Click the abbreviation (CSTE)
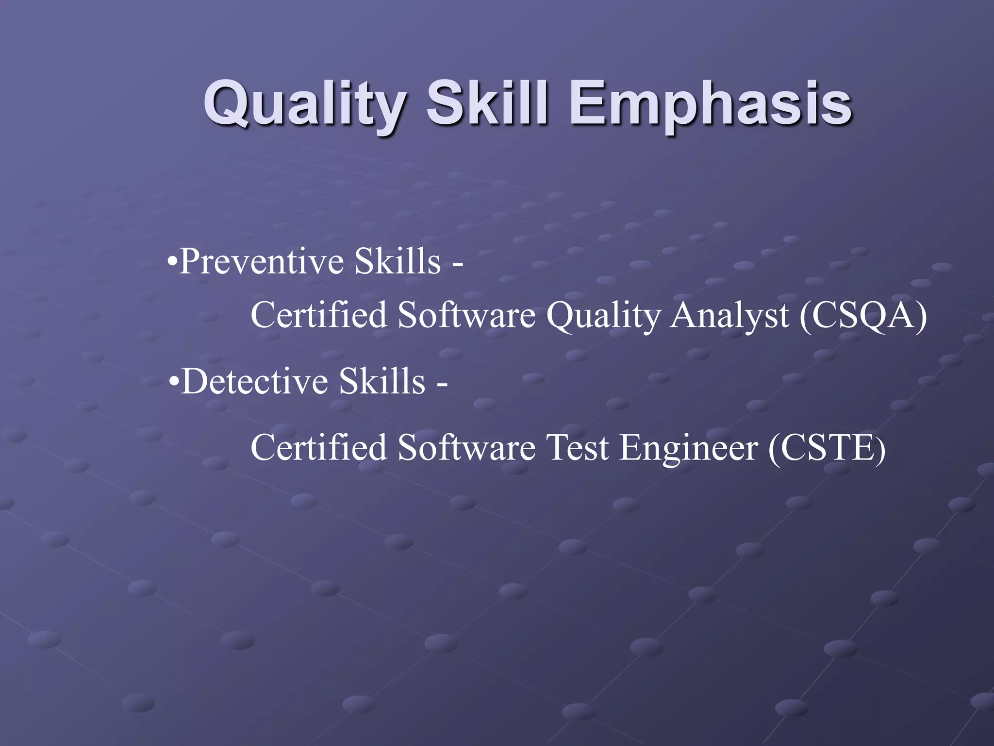pos(827,448)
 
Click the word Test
pos(577,448)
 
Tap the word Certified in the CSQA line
pos(318,315)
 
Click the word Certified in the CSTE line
pos(318,447)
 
